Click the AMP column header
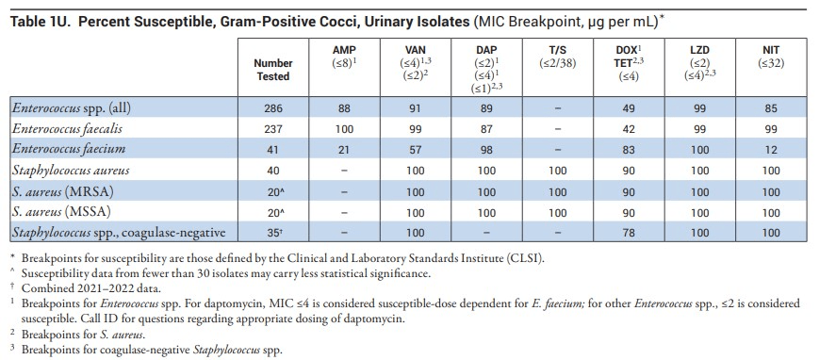pos(344,51)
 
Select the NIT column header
pos(770,51)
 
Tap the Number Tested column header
pos(273,70)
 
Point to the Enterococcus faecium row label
pos(69,150)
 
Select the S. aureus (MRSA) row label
pos(63,191)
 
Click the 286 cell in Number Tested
pos(273,108)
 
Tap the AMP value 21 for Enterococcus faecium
pos(344,150)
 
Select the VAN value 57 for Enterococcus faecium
pos(416,150)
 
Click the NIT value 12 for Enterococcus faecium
pos(770,150)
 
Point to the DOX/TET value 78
pos(629,233)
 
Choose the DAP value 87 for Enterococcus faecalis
pos(486,129)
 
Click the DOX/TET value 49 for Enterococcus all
pos(629,108)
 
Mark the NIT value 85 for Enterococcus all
pos(770,108)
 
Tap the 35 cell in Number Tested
pos(273,233)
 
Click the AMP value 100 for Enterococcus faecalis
pos(344,129)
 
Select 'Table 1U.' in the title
pos(41,22)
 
